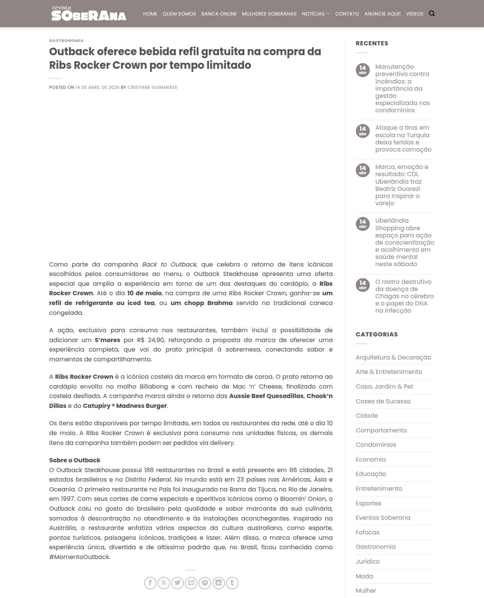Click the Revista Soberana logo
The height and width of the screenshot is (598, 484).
point(88,14)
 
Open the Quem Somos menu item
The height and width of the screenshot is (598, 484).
point(179,14)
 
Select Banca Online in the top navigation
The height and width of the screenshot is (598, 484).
point(219,14)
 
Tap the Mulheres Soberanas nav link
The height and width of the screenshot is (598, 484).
point(269,14)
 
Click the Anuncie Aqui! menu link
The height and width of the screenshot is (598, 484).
point(382,14)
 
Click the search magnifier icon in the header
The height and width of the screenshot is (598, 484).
point(432,14)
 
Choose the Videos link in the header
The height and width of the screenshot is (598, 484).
point(414,14)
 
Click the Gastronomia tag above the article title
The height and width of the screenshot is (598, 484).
point(66,40)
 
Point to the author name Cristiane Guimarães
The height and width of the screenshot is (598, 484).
point(152,87)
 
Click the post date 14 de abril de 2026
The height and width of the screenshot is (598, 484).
point(97,87)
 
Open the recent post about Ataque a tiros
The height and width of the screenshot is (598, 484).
point(403,138)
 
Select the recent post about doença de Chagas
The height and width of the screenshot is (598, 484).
point(404,296)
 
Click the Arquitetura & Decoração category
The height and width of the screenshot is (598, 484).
point(393,357)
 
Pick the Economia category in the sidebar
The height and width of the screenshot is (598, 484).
point(371,459)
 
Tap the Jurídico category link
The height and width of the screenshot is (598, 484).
point(368,561)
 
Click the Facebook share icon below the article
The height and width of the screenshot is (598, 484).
point(150,583)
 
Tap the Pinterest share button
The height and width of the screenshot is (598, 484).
point(205,583)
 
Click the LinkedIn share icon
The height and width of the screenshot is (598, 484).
point(219,583)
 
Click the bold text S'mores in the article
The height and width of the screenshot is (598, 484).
point(107,340)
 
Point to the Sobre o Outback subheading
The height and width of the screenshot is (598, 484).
point(74,460)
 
